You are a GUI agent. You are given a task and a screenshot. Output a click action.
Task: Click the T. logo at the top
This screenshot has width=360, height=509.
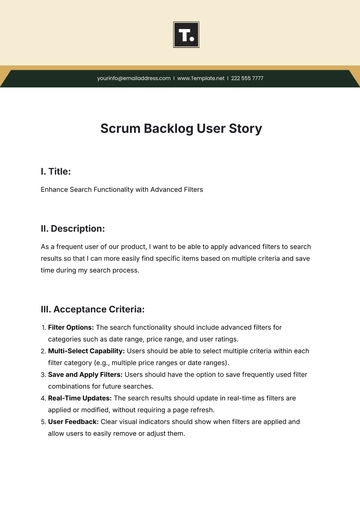coord(185,38)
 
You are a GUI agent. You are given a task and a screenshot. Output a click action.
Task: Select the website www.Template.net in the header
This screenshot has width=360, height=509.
coord(200,77)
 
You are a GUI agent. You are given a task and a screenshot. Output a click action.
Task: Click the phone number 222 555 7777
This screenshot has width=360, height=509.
coord(246,77)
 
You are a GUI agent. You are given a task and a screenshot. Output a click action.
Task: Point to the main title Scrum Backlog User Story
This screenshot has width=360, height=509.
coord(179,128)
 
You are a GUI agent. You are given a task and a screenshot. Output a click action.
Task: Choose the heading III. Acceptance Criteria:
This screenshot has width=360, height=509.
coord(92,309)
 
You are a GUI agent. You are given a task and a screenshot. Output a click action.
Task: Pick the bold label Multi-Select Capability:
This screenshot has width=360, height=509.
coord(88,351)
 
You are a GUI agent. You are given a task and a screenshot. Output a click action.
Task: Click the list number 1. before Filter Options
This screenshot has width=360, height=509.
coord(43,327)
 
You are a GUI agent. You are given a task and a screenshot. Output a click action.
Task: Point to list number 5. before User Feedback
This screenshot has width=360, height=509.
coord(43,422)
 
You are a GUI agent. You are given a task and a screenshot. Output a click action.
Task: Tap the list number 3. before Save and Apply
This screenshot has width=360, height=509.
coord(43,374)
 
